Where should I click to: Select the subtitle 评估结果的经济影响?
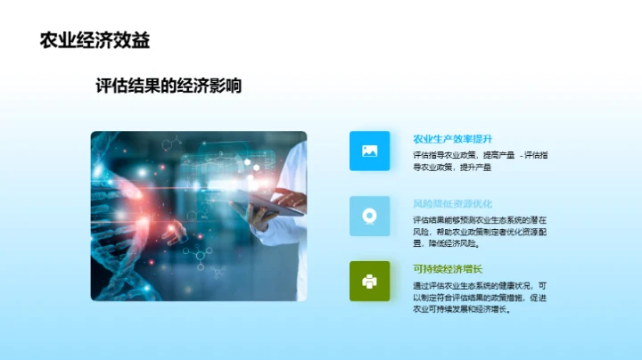coord(169,86)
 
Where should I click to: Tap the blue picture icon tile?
coord(370,151)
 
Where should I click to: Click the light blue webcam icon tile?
coord(370,216)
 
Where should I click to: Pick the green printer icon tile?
coord(370,281)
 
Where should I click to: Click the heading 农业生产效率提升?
coord(452,139)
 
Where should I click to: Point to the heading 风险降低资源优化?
coord(452,203)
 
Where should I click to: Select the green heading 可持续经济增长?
coord(447,269)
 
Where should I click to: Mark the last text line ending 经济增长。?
coord(460,309)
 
